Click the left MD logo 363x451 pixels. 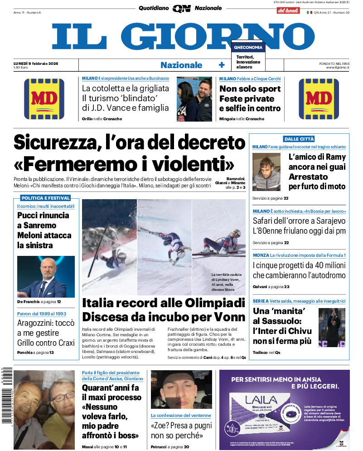click(x=44, y=99)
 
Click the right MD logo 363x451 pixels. click(x=319, y=99)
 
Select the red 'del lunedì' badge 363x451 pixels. click(x=288, y=10)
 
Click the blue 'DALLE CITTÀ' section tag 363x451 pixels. click(x=299, y=139)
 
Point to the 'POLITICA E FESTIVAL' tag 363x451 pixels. click(x=46, y=198)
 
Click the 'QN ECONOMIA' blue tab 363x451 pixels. click(x=247, y=47)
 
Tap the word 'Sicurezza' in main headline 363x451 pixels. click(x=53, y=142)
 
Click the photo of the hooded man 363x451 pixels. click(x=267, y=172)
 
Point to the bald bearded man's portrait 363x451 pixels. click(x=45, y=277)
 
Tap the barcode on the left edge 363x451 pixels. click(x=6, y=395)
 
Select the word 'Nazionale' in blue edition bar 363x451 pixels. click(x=181, y=65)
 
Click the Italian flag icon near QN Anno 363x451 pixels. click(x=310, y=12)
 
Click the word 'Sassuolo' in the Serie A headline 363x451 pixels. click(x=284, y=321)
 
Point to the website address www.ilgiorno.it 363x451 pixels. click(x=338, y=68)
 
